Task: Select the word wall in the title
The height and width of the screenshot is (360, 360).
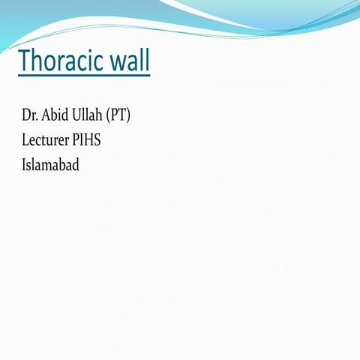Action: (x=130, y=61)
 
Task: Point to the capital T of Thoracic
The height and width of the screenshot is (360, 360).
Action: (x=25, y=61)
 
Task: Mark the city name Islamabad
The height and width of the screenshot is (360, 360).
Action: (x=51, y=163)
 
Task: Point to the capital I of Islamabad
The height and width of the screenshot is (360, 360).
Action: (x=24, y=163)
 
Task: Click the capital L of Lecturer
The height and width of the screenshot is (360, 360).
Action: (x=25, y=139)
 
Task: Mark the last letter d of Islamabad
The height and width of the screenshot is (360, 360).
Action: (x=76, y=163)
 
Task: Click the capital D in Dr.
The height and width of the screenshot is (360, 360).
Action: (x=26, y=116)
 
